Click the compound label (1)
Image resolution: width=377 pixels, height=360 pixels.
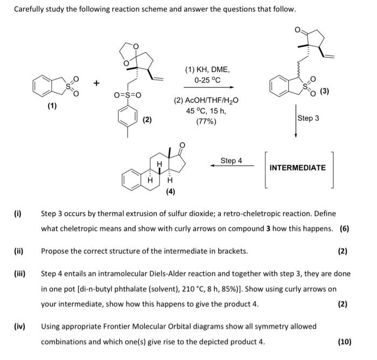coord(52,106)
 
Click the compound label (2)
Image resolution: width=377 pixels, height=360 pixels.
coord(146,120)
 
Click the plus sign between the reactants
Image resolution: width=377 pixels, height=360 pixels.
coord(96,83)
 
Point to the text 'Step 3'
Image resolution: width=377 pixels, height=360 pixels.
coord(308,118)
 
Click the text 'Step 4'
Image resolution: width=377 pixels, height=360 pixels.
coord(232,161)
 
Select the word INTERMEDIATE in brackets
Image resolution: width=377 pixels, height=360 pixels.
coord(297,168)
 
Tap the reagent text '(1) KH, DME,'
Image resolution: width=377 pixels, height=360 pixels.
coord(207,70)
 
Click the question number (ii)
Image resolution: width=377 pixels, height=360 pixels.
coord(18,251)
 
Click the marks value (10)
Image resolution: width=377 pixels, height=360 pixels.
coord(344,341)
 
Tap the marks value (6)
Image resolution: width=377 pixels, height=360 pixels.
coord(345,229)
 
